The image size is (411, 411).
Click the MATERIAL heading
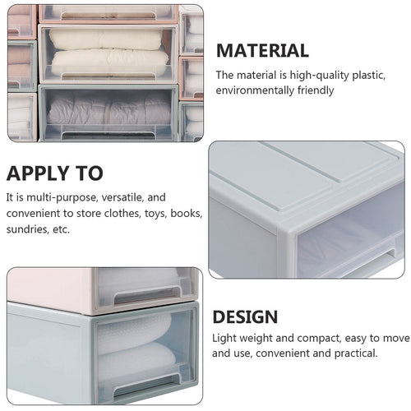(x=262, y=51)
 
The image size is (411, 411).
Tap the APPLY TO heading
(x=54, y=173)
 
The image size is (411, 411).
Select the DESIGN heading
(x=245, y=317)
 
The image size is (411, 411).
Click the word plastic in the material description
(x=369, y=76)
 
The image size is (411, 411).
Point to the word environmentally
(x=255, y=90)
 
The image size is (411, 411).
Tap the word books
(x=187, y=213)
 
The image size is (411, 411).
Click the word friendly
(x=316, y=90)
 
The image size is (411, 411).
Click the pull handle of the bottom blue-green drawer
(x=147, y=385)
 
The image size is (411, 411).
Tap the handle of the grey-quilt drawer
(x=109, y=135)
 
